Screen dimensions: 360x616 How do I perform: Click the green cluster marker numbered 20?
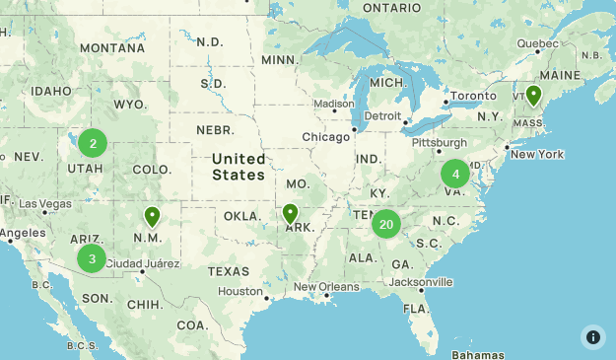click(x=385, y=225)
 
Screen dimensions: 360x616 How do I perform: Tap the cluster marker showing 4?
click(x=454, y=175)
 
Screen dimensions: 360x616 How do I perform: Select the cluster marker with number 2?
click(x=93, y=144)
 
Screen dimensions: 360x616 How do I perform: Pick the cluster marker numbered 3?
click(x=92, y=259)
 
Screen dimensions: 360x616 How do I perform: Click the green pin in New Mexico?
click(x=152, y=216)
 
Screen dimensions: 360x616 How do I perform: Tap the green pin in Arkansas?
click(x=290, y=213)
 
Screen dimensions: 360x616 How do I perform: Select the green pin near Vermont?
click(x=533, y=95)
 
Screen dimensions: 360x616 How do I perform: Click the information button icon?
click(x=592, y=336)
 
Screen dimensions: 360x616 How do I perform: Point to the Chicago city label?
click(x=325, y=136)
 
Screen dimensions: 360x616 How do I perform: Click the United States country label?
click(x=239, y=167)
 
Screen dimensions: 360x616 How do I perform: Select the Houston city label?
click(x=240, y=291)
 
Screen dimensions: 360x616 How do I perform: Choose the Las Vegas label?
click(x=71, y=203)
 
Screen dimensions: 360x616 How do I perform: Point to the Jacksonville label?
click(x=421, y=282)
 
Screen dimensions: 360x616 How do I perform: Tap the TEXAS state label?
click(x=229, y=271)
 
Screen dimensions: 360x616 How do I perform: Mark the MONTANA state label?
click(x=112, y=47)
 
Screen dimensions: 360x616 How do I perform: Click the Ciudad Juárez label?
click(x=142, y=263)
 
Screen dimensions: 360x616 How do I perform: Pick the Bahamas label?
click(x=478, y=354)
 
